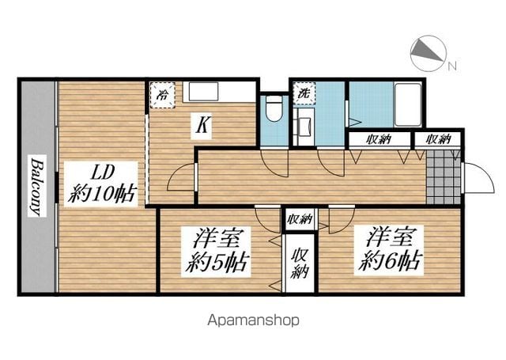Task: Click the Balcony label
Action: pos(37,186)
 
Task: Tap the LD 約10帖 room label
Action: pos(101,184)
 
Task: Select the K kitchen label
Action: pos(202,125)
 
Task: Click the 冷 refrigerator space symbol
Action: pos(163,95)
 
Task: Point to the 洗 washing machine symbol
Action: pos(304,93)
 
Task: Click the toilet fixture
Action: pos(274,108)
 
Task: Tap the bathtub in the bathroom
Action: pos(408,104)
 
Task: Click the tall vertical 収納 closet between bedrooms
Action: pos(300,263)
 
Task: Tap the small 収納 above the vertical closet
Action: pos(300,219)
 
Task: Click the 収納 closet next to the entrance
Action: pos(438,139)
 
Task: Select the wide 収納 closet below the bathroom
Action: pos(379,139)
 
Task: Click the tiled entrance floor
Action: pos(444,177)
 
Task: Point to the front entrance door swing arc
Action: pos(484,174)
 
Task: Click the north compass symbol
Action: pos(429,53)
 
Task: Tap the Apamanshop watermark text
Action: pos(254,320)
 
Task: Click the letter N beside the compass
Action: pos(452,66)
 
